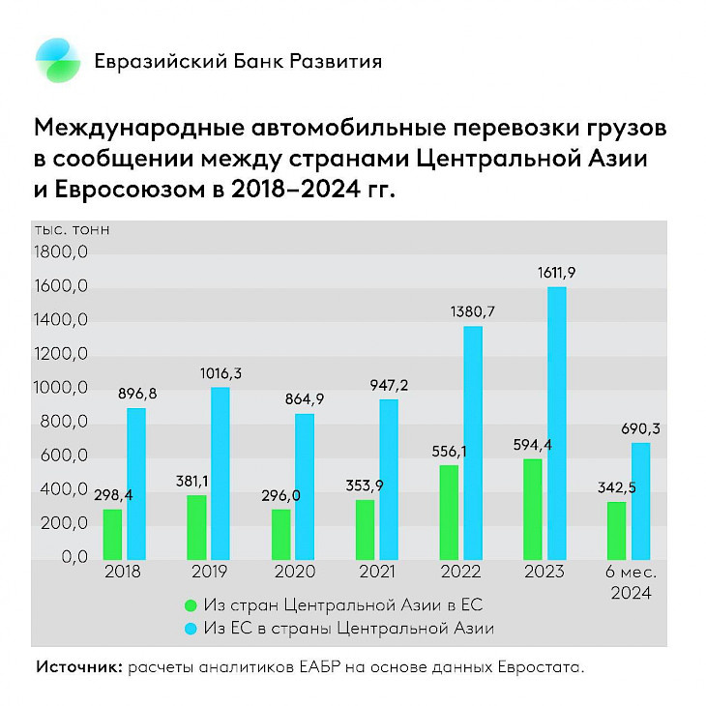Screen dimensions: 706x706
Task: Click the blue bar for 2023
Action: click(x=556, y=423)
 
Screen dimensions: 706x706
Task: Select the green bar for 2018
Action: click(x=112, y=533)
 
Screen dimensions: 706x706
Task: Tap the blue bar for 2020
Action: click(x=304, y=485)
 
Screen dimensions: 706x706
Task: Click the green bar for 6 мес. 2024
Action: click(x=616, y=529)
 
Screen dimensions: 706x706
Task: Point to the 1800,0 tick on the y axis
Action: click(x=62, y=253)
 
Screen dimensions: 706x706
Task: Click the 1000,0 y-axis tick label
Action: click(x=62, y=389)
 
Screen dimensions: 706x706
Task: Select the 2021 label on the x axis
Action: click(x=375, y=572)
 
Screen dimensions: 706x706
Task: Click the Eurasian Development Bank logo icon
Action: click(x=59, y=61)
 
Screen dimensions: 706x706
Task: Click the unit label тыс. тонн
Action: click(x=73, y=230)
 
